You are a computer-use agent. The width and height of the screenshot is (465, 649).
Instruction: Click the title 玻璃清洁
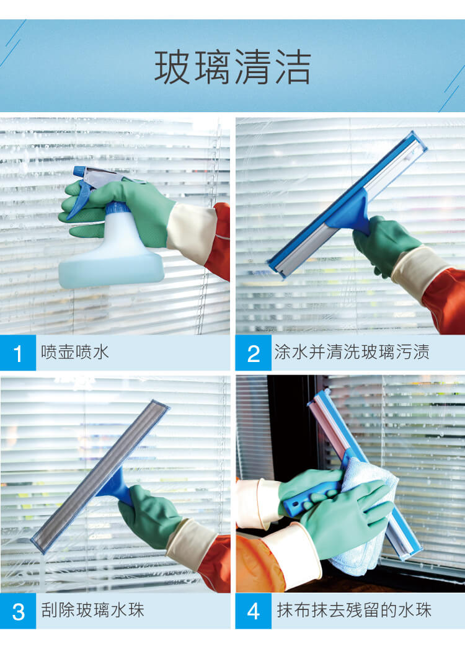pyautogui.click(x=232, y=67)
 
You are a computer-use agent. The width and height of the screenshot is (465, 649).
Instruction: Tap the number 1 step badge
pyautogui.click(x=18, y=353)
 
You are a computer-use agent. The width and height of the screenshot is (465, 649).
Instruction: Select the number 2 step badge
pyautogui.click(x=253, y=353)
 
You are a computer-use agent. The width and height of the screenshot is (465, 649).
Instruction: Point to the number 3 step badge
pyautogui.click(x=18, y=611)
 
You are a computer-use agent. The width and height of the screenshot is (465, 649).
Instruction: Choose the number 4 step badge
pyautogui.click(x=253, y=611)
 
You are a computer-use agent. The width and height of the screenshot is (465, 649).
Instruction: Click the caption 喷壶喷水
pyautogui.click(x=75, y=352)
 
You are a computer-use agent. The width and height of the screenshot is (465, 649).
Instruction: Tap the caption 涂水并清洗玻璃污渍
pyautogui.click(x=352, y=352)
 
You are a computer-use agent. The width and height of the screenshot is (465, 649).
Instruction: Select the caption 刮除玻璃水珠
pyautogui.click(x=92, y=610)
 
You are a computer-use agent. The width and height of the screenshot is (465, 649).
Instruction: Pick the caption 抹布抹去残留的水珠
pyautogui.click(x=354, y=610)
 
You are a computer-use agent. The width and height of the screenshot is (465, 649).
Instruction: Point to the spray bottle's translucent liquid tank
pyautogui.click(x=112, y=257)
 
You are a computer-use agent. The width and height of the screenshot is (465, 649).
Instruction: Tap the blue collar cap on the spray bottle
pyautogui.click(x=117, y=208)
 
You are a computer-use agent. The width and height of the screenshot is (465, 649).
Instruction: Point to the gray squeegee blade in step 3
pyautogui.click(x=99, y=476)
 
